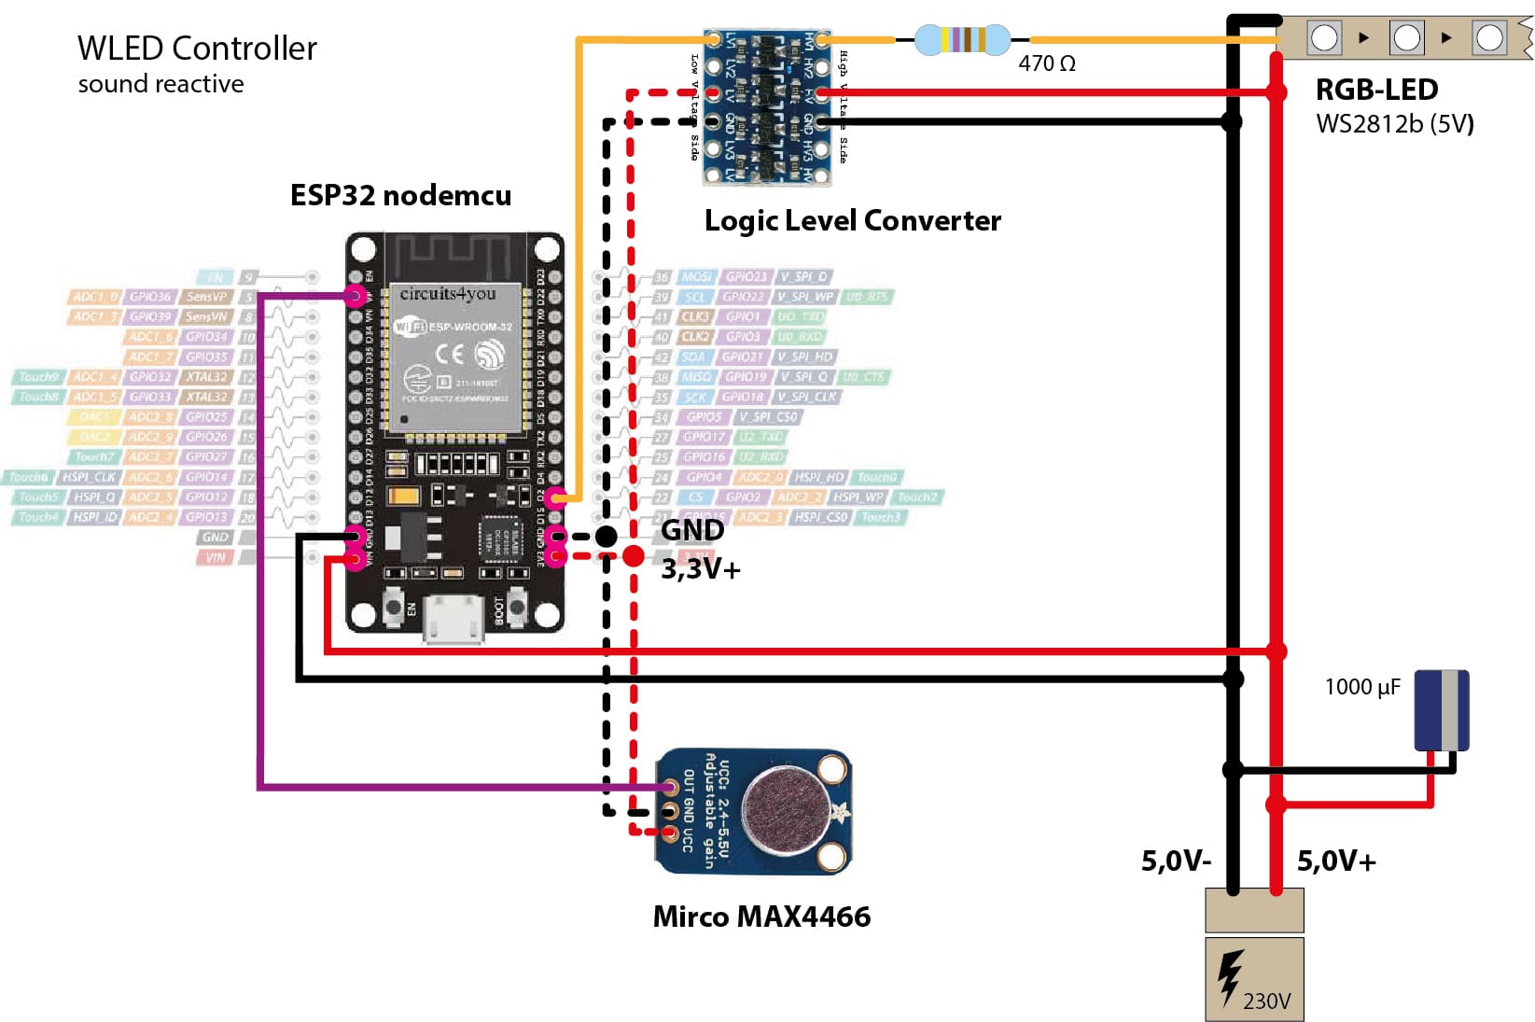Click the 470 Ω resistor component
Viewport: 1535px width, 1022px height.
point(962,40)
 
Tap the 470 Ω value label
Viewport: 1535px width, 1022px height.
point(1046,63)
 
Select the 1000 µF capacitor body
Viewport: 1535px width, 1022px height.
point(1442,710)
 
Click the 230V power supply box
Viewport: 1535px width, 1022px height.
point(1254,979)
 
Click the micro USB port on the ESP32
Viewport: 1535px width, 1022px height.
point(454,617)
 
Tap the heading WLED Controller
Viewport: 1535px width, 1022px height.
point(197,49)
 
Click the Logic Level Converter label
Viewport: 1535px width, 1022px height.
point(852,220)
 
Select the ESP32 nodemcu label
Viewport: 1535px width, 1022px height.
point(400,195)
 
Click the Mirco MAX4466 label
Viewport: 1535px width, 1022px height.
point(761,917)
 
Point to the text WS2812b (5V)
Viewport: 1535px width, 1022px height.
point(1394,124)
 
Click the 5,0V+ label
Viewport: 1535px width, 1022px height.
point(1336,861)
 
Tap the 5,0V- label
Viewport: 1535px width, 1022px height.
point(1176,861)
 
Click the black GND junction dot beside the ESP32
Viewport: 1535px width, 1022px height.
point(607,536)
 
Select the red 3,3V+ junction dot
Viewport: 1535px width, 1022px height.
point(634,556)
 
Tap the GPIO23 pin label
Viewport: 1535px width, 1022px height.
point(746,277)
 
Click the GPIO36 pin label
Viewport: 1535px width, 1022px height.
point(150,297)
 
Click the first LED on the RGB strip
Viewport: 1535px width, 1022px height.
point(1325,38)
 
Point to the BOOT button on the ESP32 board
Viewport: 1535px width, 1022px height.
point(516,609)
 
